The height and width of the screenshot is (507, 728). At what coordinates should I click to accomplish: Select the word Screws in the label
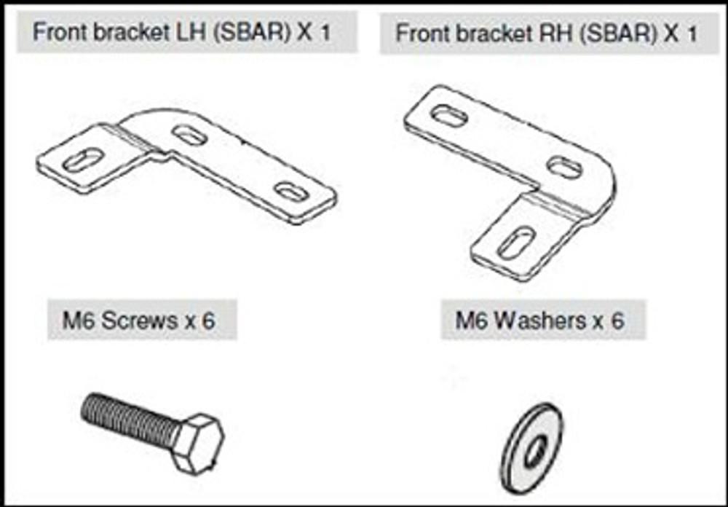click(139, 321)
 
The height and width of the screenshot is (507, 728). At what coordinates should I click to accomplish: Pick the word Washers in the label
click(541, 321)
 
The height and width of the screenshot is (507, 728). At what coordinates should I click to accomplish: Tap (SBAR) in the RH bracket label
click(622, 34)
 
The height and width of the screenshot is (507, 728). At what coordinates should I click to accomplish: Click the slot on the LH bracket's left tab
click(83, 160)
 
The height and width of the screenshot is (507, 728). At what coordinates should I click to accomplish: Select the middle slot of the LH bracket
click(189, 134)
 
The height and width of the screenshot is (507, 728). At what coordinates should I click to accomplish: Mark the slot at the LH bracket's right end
click(293, 191)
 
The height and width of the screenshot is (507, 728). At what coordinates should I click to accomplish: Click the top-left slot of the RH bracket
click(449, 116)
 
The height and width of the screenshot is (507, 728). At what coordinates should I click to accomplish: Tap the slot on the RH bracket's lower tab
click(517, 242)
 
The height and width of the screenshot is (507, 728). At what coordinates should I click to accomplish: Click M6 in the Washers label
click(471, 321)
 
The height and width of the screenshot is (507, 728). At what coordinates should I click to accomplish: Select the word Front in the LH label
click(61, 33)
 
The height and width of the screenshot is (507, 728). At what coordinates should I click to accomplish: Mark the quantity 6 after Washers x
click(617, 321)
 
